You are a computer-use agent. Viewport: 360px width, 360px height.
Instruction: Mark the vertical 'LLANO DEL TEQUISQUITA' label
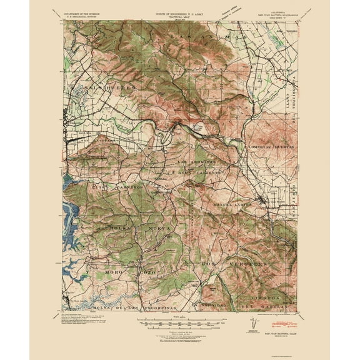pos(289,112)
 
